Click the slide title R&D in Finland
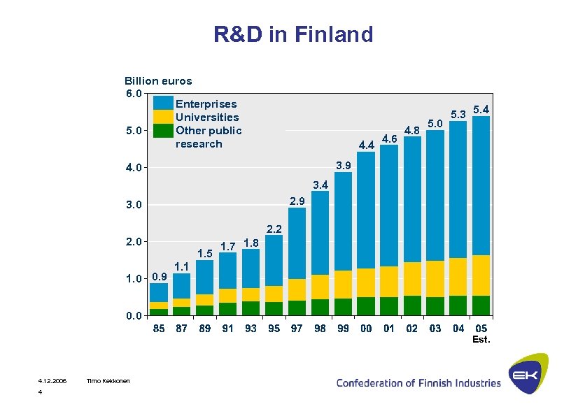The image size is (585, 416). (293, 34)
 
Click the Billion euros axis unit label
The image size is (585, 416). (158, 80)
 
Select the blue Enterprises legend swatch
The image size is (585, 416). (163, 103)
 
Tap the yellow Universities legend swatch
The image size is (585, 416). (163, 117)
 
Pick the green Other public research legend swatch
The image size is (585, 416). (163, 131)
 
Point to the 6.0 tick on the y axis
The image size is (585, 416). (134, 93)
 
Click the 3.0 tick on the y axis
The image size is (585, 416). (134, 205)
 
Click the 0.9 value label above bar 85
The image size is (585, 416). (160, 276)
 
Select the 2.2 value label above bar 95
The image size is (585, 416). (274, 229)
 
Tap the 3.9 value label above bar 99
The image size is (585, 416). (343, 166)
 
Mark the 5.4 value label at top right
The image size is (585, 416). (481, 110)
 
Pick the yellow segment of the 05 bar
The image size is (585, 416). (481, 275)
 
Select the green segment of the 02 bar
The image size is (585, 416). (412, 306)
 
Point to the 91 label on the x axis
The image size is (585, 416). (228, 329)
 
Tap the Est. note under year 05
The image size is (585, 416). (481, 340)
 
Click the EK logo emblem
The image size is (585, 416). (528, 375)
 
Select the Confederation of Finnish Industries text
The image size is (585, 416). (418, 382)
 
